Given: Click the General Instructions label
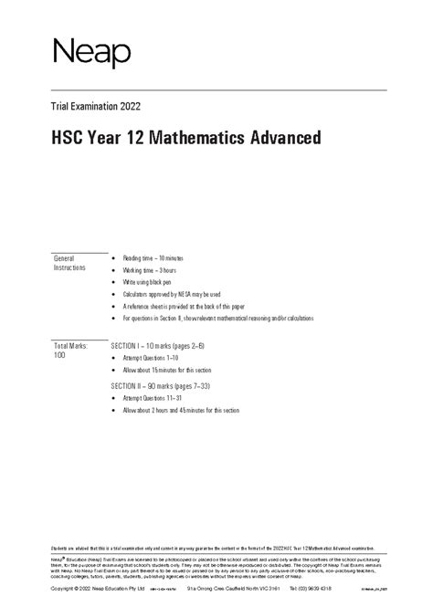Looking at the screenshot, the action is pos(70,263).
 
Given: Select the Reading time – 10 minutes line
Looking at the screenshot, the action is pos(156,258).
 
